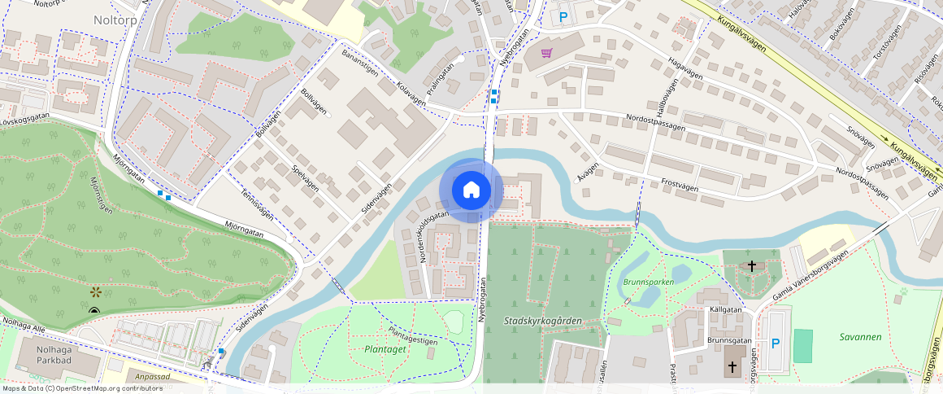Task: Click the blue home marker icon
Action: click(471, 190)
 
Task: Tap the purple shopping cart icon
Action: click(547, 53)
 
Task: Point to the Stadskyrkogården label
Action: click(542, 321)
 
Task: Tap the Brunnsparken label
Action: click(649, 282)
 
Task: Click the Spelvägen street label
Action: click(306, 179)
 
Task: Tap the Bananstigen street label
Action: click(360, 61)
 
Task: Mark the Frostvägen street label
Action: click(680, 184)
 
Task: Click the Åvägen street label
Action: click(588, 167)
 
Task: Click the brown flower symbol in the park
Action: click(95, 291)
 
